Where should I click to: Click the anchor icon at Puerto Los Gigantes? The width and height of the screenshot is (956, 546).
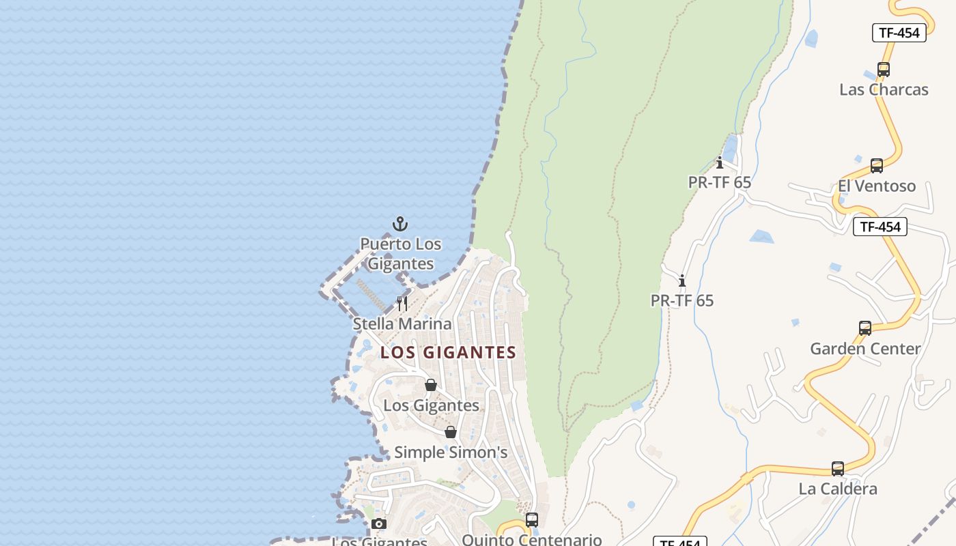point(400,224)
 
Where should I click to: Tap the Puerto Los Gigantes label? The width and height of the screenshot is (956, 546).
point(401,254)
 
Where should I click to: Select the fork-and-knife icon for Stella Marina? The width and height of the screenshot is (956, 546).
point(402,303)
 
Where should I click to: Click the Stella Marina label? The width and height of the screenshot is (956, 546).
point(402,324)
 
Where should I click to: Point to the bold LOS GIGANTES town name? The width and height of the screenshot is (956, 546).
point(448,353)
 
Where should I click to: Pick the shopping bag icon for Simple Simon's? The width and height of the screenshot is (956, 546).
point(451,432)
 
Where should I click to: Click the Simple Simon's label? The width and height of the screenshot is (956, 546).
point(451,452)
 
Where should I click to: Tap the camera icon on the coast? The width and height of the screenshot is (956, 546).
point(379,524)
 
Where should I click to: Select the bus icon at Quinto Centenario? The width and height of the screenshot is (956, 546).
point(532,520)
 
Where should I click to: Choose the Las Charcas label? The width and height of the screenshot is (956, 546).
point(884,89)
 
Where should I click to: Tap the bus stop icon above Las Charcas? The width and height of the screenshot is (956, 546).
point(884,70)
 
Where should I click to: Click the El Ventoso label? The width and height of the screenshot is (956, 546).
point(877,186)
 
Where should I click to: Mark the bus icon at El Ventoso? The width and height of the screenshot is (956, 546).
point(877,166)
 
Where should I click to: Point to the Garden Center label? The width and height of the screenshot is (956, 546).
point(865,349)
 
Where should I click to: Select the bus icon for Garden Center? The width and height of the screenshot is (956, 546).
point(865,328)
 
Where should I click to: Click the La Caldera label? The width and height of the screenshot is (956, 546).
point(838,489)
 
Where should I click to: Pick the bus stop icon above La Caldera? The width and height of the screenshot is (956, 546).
point(838,469)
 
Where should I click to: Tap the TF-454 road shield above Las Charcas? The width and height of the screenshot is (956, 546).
point(899,33)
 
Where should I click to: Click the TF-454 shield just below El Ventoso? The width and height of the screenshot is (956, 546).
point(880,227)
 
